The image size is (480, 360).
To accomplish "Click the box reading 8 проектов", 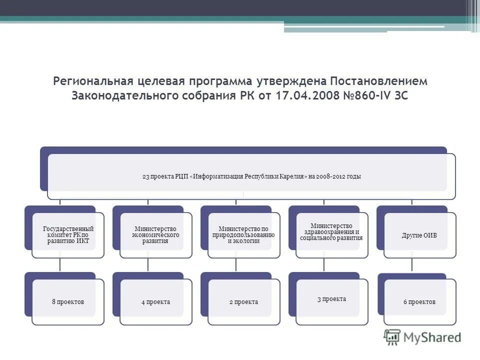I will (68, 302).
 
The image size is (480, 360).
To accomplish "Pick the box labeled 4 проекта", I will (155, 302).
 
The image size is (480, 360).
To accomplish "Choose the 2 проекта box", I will (243, 302).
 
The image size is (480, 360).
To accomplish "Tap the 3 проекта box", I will (331, 299).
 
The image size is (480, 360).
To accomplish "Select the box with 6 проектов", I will (419, 302).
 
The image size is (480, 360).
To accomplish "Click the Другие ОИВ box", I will (419, 235).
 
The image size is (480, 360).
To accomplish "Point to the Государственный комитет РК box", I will (68, 235).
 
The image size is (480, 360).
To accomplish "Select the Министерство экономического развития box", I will (155, 235).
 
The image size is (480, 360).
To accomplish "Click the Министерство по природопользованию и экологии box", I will (243, 235).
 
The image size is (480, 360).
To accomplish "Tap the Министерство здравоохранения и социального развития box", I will (331, 232).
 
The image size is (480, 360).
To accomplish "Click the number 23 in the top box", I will (145, 176).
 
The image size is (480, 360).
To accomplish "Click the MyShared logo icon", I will (392, 337).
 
